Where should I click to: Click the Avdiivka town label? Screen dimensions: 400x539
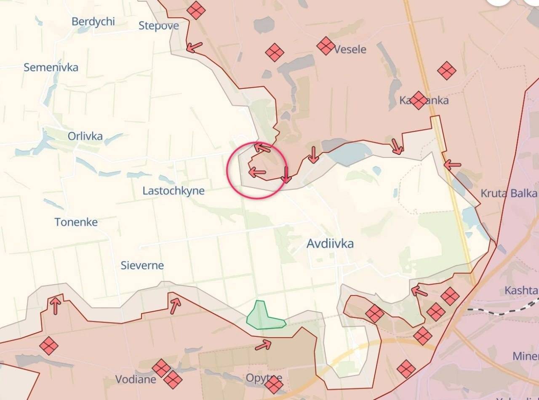tap(330, 243)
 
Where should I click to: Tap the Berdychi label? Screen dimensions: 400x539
tap(93, 21)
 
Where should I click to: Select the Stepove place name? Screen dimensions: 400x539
tap(159, 26)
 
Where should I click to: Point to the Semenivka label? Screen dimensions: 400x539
tap(51, 67)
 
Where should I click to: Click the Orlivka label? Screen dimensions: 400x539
tap(85, 136)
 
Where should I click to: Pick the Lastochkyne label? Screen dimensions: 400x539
tap(173, 190)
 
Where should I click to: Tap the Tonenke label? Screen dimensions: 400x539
tap(76, 222)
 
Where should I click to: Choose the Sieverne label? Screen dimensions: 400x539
tap(142, 265)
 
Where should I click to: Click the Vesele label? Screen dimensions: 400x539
tap(350, 49)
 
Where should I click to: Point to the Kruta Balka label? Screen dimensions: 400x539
tap(509, 193)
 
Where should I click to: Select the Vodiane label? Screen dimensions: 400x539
tap(136, 379)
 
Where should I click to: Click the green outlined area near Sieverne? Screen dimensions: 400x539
tap(263, 317)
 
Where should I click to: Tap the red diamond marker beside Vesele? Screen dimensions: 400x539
tap(326, 45)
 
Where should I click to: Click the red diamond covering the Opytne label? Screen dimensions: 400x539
tap(274, 384)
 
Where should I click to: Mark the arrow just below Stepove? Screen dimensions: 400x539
tap(194, 47)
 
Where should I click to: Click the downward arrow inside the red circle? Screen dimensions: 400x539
tap(286, 174)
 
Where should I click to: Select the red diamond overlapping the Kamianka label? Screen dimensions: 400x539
tap(418, 100)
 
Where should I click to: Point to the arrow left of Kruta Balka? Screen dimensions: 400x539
tap(452, 165)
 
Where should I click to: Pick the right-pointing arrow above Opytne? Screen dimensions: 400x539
tap(263, 345)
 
